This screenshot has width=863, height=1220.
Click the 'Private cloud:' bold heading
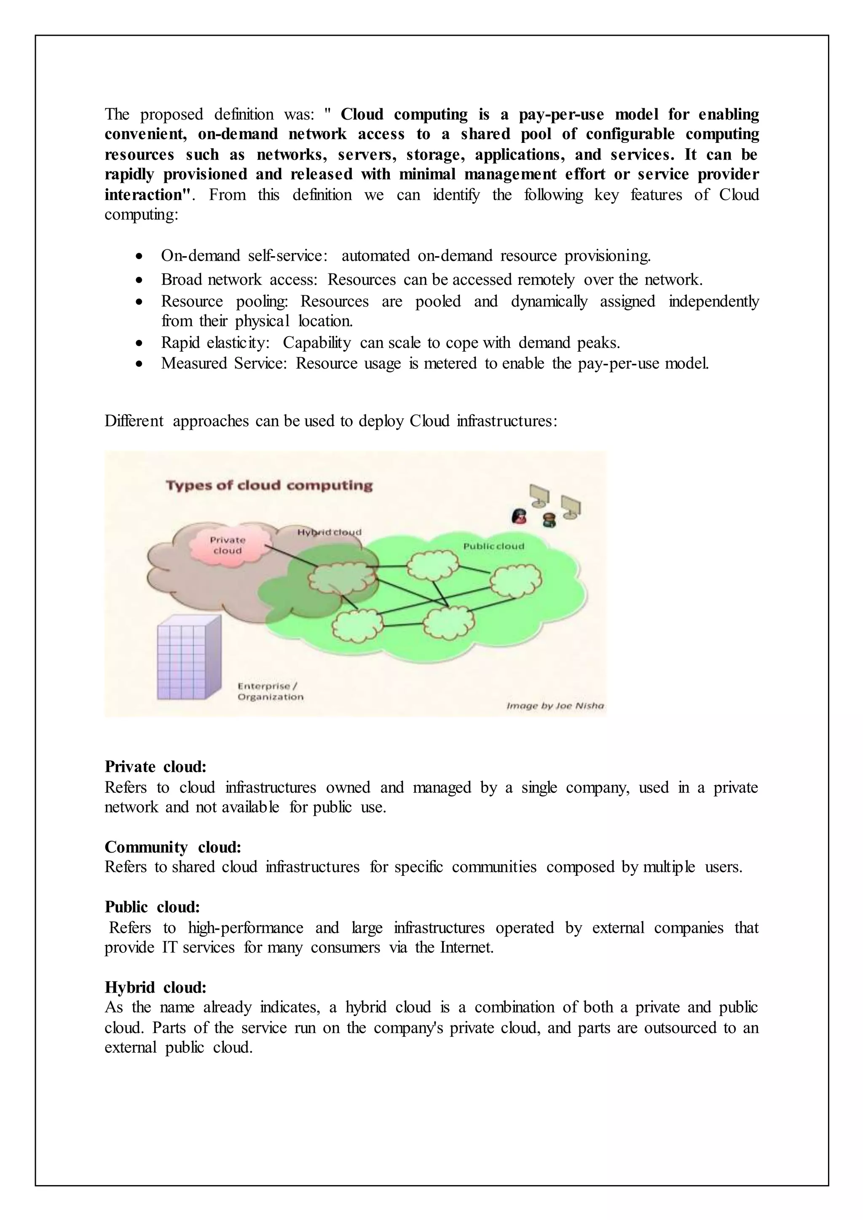coord(155,767)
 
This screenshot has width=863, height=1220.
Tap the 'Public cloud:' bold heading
coord(152,907)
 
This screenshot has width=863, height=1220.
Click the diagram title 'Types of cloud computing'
coord(269,485)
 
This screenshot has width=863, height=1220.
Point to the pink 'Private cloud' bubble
coord(228,545)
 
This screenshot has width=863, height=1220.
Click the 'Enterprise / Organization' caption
coord(271,691)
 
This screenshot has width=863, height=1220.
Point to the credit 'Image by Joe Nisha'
coord(555,706)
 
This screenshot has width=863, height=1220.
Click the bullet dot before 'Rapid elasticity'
coord(139,343)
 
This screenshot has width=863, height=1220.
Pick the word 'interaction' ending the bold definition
coord(144,195)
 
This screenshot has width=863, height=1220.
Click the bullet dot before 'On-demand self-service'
coord(139,257)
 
